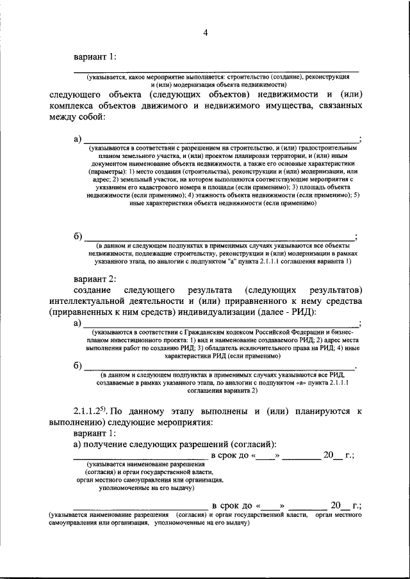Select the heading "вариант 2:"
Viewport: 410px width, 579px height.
(x=95, y=279)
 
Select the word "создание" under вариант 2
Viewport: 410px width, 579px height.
(x=93, y=290)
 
